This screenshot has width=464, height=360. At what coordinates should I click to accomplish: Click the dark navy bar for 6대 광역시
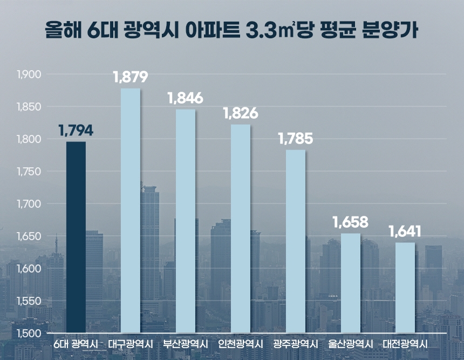[76, 237]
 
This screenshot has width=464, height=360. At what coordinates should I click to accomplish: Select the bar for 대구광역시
[131, 210]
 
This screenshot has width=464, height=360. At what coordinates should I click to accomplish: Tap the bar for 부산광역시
[186, 221]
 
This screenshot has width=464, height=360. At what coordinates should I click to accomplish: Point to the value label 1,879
[131, 78]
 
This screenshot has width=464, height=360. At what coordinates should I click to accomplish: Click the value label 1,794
[76, 131]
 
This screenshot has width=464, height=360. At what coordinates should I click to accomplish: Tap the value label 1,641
[405, 232]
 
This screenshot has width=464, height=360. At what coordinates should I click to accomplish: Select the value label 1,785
[296, 139]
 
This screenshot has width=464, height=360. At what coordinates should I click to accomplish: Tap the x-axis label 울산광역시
[351, 344]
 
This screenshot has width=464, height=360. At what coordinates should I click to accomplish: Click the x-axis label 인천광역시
[241, 344]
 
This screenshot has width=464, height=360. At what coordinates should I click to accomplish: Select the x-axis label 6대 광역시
[76, 344]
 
